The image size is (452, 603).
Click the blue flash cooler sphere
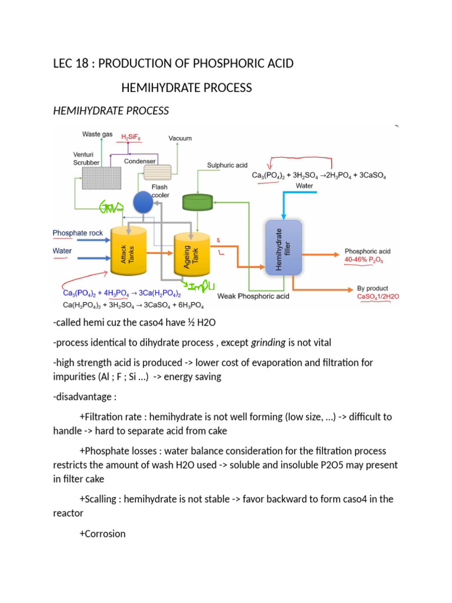[143, 203]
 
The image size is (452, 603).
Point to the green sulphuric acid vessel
[198, 202]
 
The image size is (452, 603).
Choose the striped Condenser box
[157, 171]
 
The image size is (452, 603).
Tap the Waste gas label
[97, 135]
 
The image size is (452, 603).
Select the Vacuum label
[180, 138]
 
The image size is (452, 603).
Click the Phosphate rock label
[78, 233]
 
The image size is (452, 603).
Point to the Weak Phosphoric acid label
[253, 296]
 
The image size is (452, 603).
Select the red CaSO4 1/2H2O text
[378, 297]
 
